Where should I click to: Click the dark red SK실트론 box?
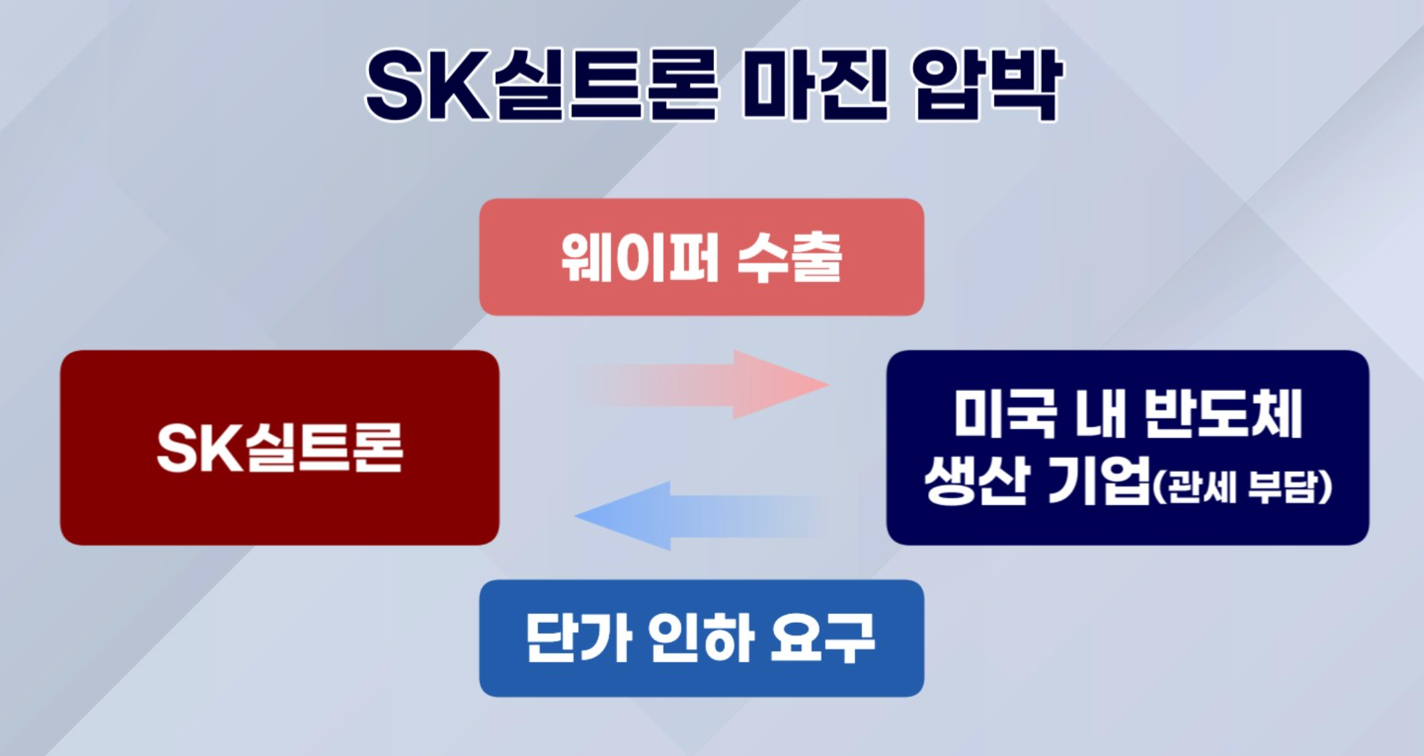pyautogui.click(x=279, y=448)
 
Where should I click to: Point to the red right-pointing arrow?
pyautogui.click(x=704, y=384)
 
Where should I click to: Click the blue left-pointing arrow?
pyautogui.click(x=700, y=516)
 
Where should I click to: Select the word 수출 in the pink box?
pyautogui.click(x=790, y=257)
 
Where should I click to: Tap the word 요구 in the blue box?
pyautogui.click(x=822, y=638)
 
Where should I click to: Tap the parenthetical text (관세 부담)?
pyautogui.click(x=1243, y=487)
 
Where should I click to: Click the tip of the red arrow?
pyautogui.click(x=829, y=384)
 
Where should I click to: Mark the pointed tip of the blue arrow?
pyautogui.click(x=575, y=516)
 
